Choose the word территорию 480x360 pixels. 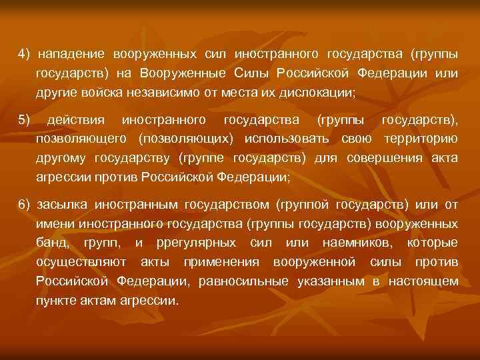click(x=420, y=139)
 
